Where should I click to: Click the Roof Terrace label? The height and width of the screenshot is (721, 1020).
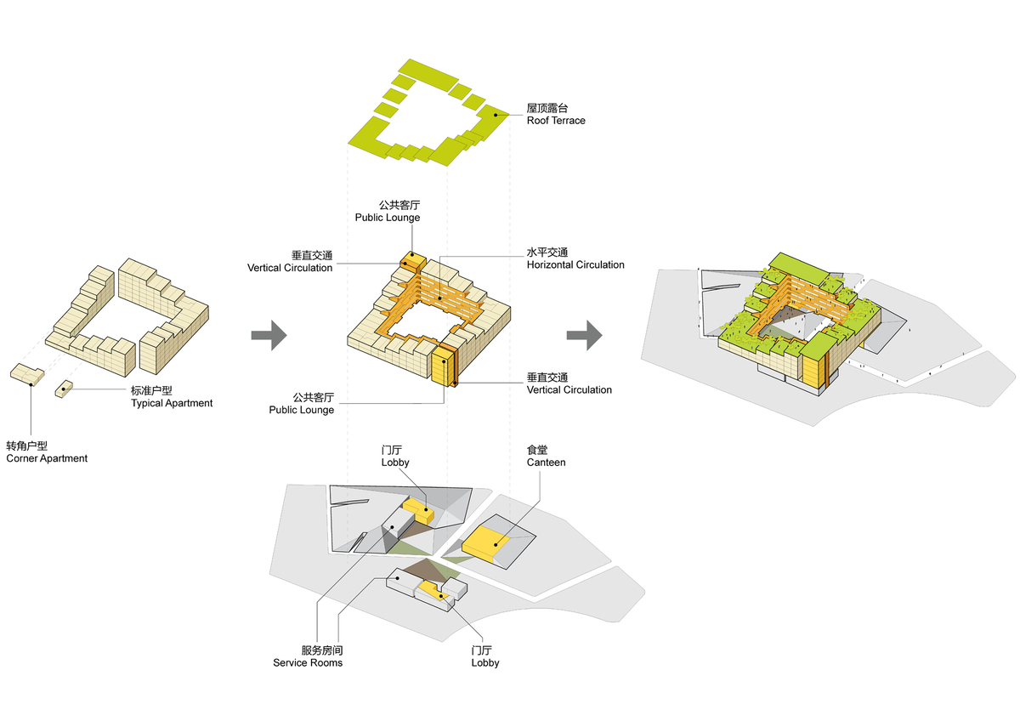click(x=556, y=115)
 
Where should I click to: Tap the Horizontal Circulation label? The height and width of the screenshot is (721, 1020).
click(x=575, y=259)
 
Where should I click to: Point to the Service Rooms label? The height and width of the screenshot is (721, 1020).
click(x=308, y=656)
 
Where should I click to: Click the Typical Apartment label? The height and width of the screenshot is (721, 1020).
click(x=172, y=397)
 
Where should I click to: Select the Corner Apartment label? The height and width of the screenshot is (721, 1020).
click(x=47, y=452)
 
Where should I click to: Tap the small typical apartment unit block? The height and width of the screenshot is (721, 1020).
click(x=64, y=389)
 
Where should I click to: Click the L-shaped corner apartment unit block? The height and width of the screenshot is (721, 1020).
click(x=28, y=374)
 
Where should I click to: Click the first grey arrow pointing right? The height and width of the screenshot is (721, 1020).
click(x=269, y=336)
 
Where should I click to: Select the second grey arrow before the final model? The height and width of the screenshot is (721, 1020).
click(x=585, y=336)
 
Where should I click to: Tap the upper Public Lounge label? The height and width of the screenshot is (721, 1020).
click(x=388, y=212)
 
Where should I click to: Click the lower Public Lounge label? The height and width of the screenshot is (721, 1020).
click(x=302, y=404)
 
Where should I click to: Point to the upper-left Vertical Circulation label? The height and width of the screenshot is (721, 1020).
click(x=290, y=262)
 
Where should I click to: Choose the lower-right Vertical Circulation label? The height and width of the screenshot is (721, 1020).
click(x=569, y=383)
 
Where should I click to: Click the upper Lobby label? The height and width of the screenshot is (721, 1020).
click(x=395, y=457)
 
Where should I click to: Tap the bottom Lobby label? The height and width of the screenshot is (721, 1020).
click(x=485, y=656)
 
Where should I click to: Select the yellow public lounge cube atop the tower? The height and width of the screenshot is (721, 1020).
click(x=413, y=258)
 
